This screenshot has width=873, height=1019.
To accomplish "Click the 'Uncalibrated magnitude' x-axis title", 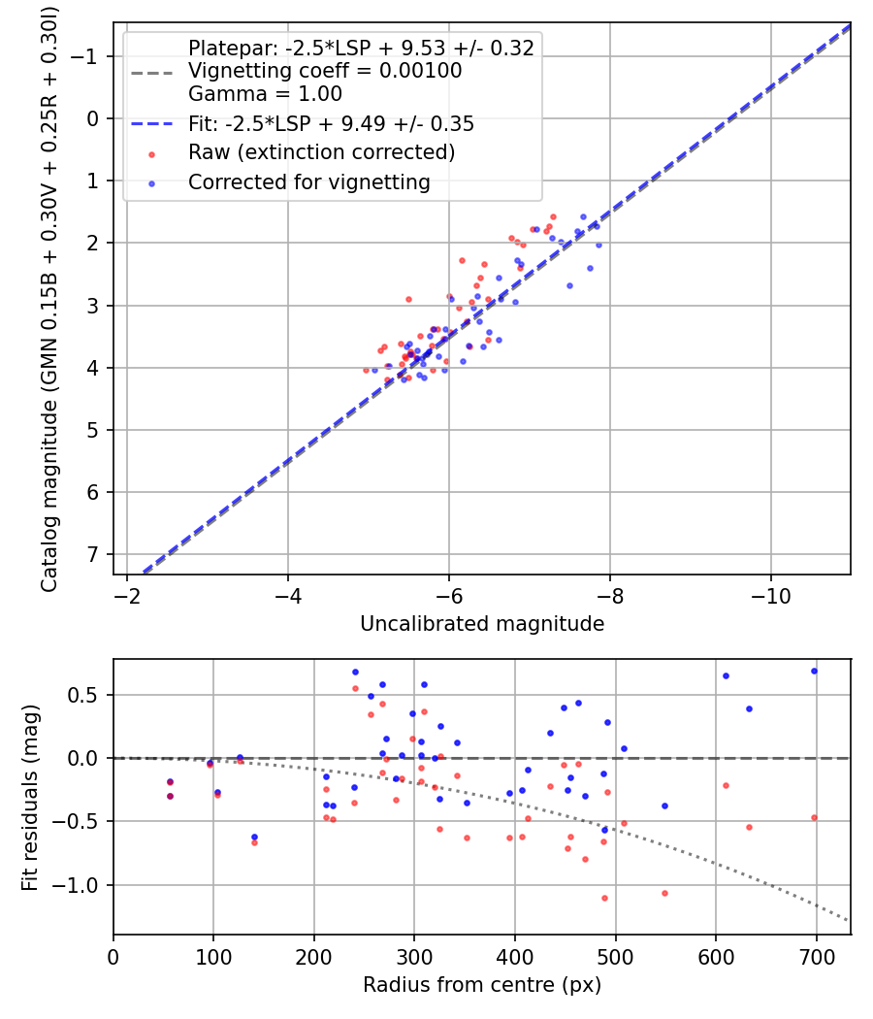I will coord(482,624).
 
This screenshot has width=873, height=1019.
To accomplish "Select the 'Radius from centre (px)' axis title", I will coord(482,985).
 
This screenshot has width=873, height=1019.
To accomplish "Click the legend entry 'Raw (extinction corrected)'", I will coord(321,152).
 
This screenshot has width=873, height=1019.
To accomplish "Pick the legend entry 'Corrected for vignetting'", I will coord(308,181).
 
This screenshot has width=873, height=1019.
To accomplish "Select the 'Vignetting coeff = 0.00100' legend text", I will coord(325,71).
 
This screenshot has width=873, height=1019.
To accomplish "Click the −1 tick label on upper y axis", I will coord(88,56).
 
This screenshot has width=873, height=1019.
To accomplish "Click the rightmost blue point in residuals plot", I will coord(814,671).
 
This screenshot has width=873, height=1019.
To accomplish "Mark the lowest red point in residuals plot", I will coord(604,898).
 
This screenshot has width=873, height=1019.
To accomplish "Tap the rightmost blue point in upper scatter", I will coord(598,245).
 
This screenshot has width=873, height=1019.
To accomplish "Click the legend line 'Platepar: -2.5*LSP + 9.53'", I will coord(361,49).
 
